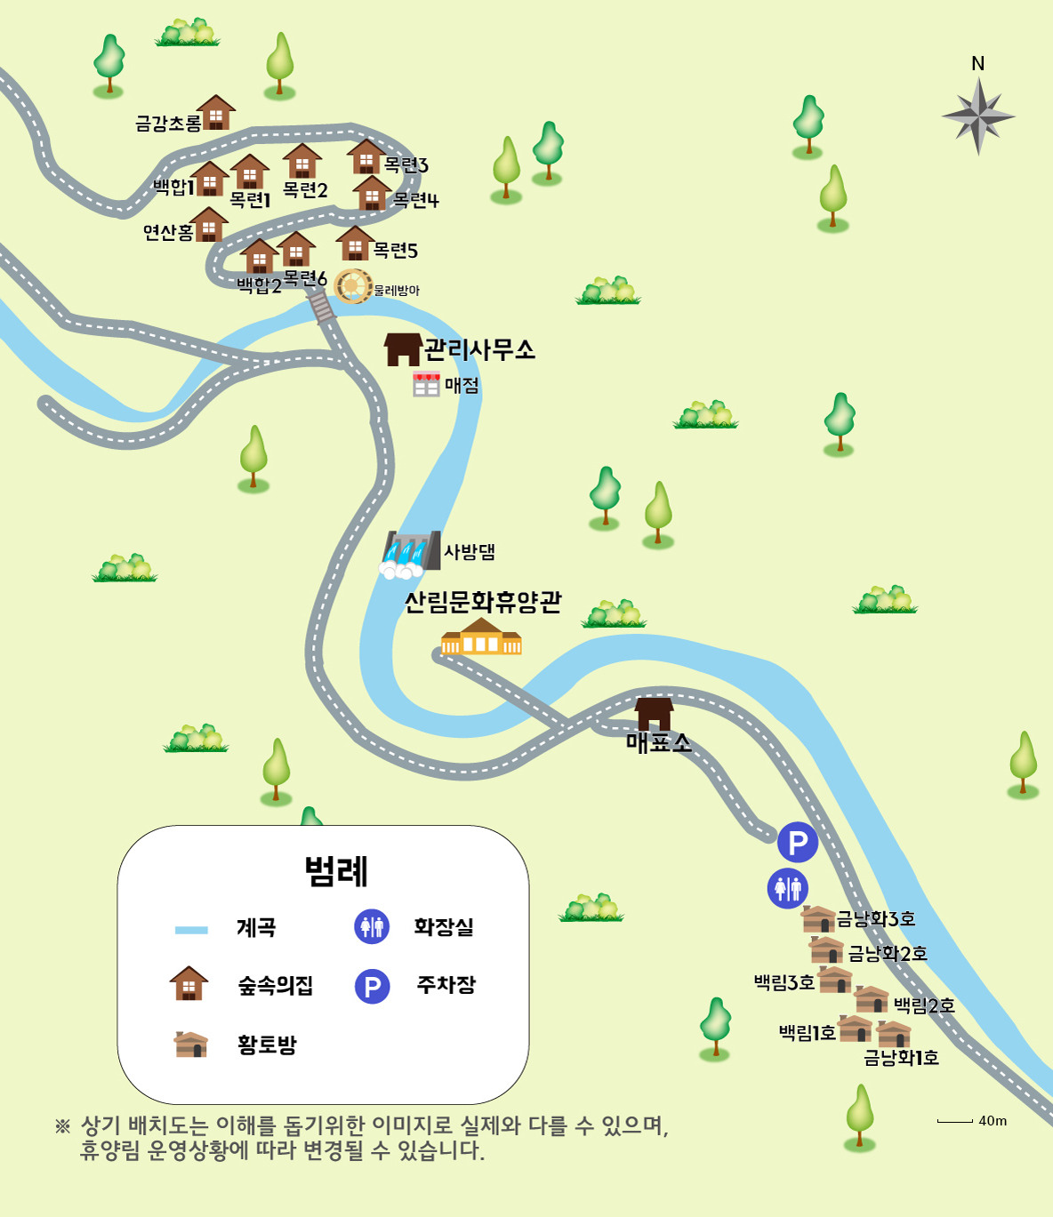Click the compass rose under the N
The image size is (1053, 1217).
[x=978, y=116]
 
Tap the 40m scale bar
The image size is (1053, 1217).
[x=954, y=1122]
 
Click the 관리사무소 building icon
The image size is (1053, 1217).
[x=402, y=349]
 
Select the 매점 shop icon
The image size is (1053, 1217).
[x=426, y=384]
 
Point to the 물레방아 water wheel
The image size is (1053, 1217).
[x=352, y=286]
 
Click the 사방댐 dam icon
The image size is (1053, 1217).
[x=411, y=554]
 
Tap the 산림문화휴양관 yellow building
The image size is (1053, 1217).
[x=481, y=637]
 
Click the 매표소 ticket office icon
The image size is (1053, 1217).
[x=654, y=714]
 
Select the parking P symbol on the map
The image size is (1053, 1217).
[x=797, y=842]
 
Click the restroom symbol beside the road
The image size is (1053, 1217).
[x=787, y=888]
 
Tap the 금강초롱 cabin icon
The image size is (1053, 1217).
[x=216, y=113]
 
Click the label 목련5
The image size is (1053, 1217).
[x=396, y=251]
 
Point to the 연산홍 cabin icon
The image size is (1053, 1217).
[x=208, y=225]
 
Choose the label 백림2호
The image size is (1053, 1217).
[x=924, y=1005]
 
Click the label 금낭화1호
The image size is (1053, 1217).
[x=901, y=1058]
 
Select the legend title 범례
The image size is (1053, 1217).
[x=336, y=871]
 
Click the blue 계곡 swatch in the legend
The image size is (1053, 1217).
[x=191, y=930]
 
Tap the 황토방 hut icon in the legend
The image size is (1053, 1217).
[x=191, y=1045]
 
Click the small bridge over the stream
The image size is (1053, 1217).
[x=321, y=308]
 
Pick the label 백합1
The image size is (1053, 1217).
[x=173, y=187]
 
